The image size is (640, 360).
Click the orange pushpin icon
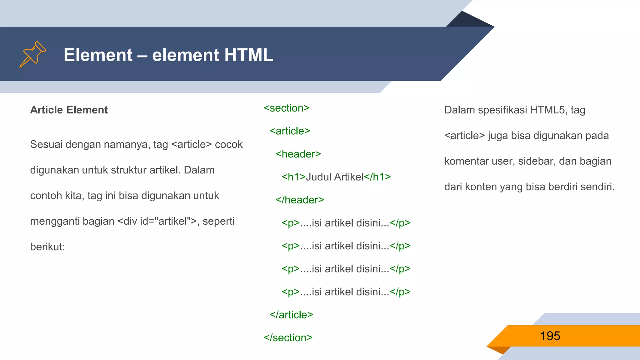point(32,54)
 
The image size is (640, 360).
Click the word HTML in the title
point(248,55)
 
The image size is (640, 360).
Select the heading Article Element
point(69,110)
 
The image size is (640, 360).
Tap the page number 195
point(550,336)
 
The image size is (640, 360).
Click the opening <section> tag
point(287,108)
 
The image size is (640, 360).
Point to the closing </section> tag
point(288,338)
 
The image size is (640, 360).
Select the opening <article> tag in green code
point(290,131)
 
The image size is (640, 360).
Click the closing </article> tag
point(291,315)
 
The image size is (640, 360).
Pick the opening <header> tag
point(298,154)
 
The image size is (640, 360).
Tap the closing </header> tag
point(300,200)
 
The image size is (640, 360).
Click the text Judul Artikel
point(335,177)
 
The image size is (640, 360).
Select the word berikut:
point(47,247)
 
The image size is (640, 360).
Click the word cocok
point(229,144)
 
